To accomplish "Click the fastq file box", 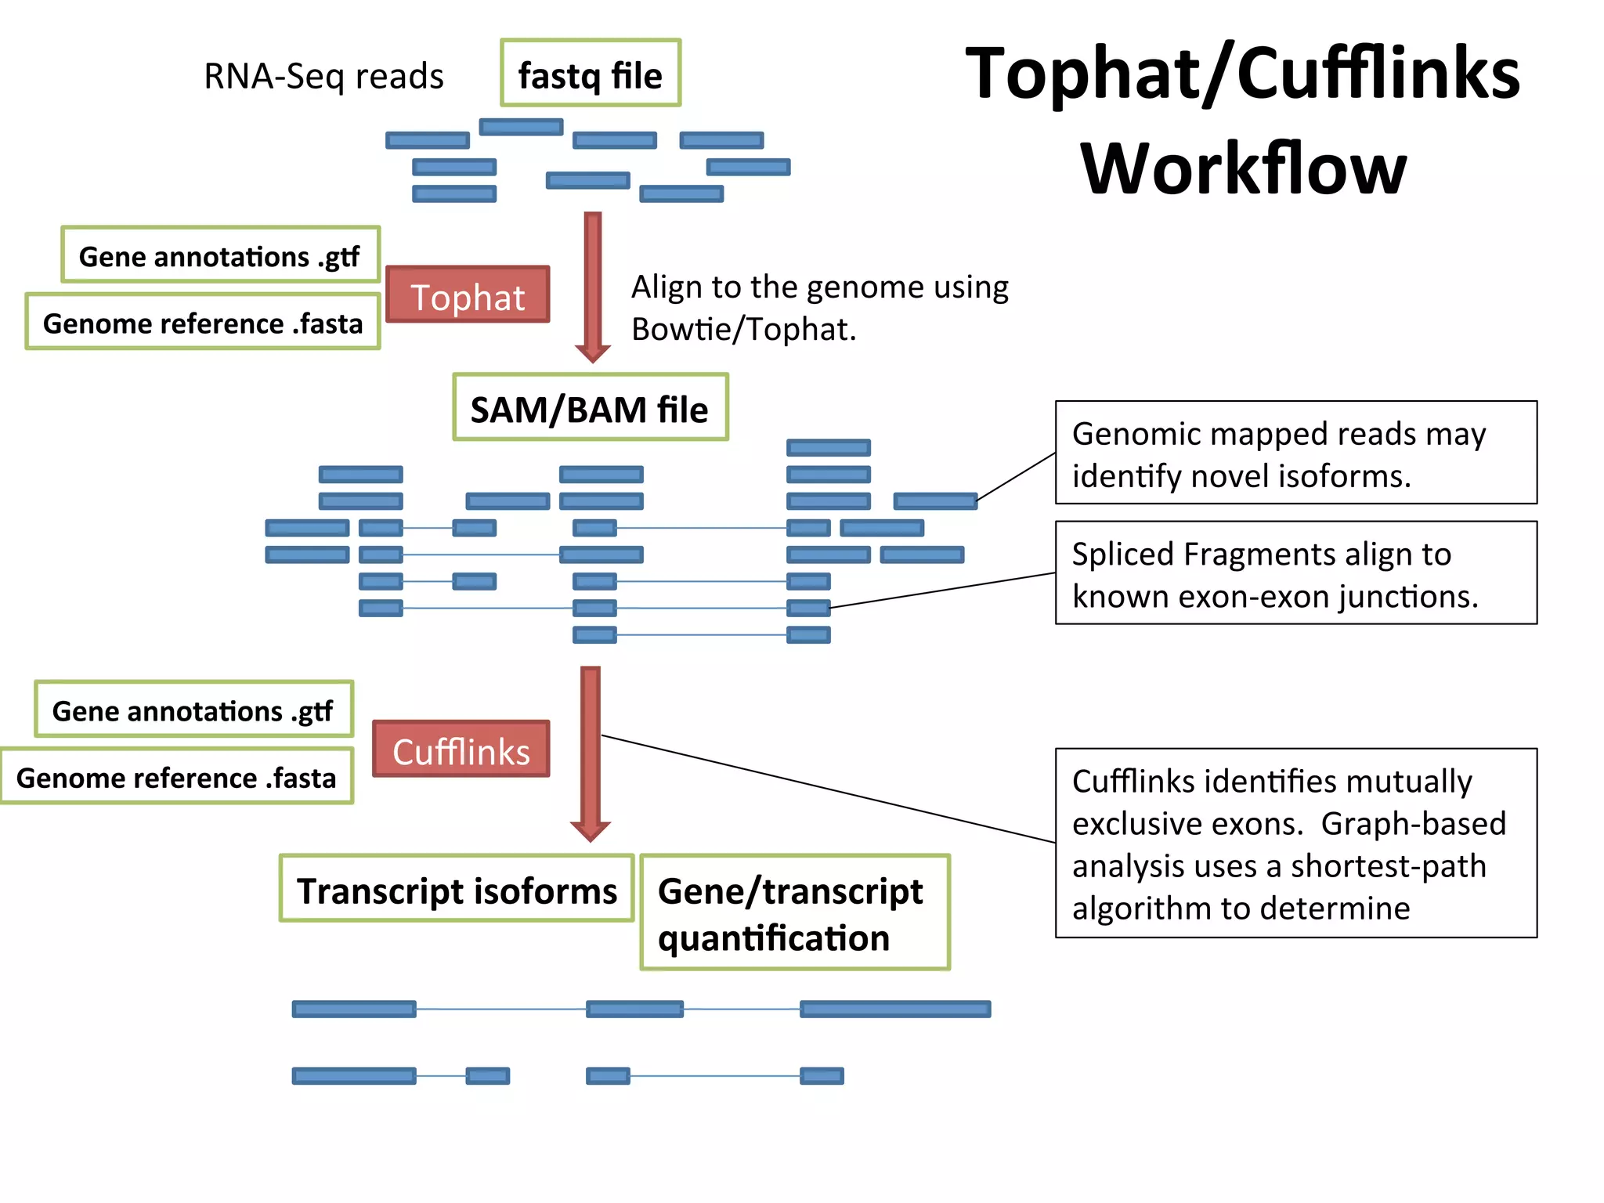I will pyautogui.click(x=591, y=73).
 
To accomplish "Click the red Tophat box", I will pyautogui.click(x=468, y=294).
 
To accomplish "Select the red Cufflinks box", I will pyautogui.click(x=461, y=749).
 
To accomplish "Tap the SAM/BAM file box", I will pyautogui.click(x=591, y=407).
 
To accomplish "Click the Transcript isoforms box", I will pyautogui.click(x=457, y=888).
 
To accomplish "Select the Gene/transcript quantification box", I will pyautogui.click(x=795, y=912).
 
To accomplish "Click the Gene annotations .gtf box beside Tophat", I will pyautogui.click(x=220, y=255).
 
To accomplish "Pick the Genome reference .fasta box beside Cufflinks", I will pyautogui.click(x=177, y=776).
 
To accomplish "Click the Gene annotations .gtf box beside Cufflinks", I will pyautogui.click(x=193, y=709).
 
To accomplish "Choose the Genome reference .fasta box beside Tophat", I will pyautogui.click(x=203, y=322).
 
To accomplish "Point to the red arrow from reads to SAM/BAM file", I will pyautogui.click(x=593, y=282).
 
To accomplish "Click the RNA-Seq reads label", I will pyautogui.click(x=323, y=76).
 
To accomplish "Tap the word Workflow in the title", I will pyautogui.click(x=1243, y=168).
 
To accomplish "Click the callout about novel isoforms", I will pyautogui.click(x=1295, y=453).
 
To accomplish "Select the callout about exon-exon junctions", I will pyautogui.click(x=1295, y=573).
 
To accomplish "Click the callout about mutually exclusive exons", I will pyautogui.click(x=1295, y=843).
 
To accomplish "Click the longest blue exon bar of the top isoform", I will pyautogui.click(x=895, y=1009).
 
